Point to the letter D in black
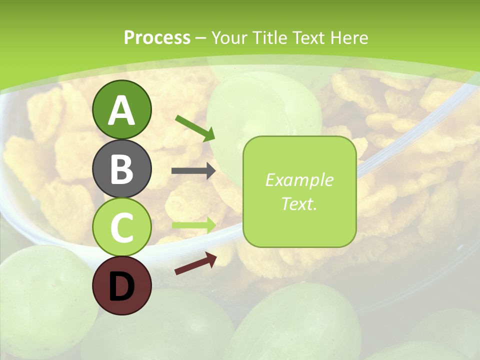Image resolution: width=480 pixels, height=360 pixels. [121, 287]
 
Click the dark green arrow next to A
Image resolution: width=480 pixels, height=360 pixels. [195, 127]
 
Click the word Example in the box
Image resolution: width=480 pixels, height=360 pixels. [299, 180]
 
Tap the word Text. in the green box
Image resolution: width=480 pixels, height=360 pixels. [299, 204]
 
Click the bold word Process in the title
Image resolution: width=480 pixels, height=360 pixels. [157, 37]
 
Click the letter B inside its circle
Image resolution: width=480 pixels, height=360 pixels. [121, 170]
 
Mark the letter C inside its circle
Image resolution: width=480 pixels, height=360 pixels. [121, 228]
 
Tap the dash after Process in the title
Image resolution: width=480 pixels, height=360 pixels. [201, 38]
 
